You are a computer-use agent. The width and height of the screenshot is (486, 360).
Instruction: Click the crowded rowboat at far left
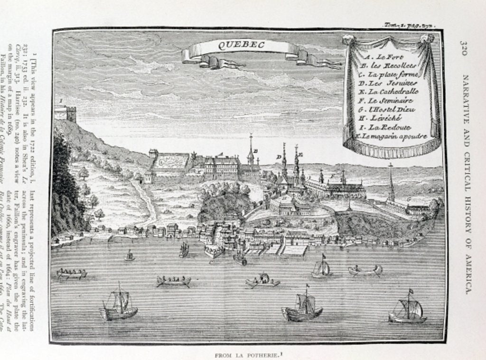(x=72, y=274)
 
